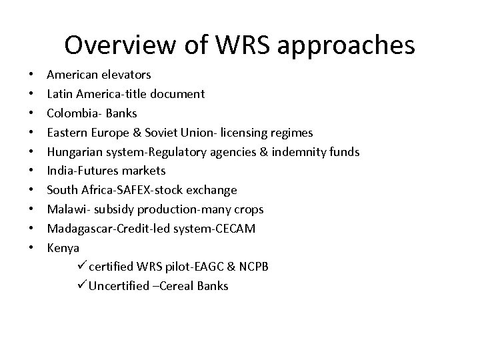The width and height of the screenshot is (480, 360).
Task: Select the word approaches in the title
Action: (354, 45)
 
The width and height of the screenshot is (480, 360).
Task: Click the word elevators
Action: (128, 75)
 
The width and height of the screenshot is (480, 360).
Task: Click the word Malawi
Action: (67, 209)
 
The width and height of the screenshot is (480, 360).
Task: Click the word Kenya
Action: (63, 248)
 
